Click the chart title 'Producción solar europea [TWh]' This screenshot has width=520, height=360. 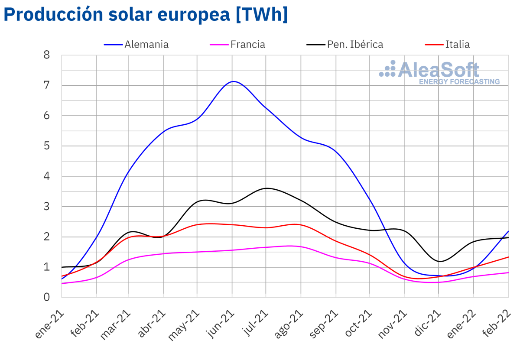tap(146, 14)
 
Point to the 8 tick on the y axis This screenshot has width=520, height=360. tap(47, 55)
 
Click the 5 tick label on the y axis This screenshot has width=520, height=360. tap(47, 146)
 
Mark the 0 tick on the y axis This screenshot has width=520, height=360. tap(47, 297)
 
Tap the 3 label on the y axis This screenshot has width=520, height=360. tap(47, 207)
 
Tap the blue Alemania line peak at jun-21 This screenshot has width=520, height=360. tap(233, 81)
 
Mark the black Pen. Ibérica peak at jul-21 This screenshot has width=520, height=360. tap(266, 188)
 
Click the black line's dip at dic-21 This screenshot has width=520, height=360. tap(439, 261)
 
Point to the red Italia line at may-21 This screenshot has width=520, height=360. tap(197, 225)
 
